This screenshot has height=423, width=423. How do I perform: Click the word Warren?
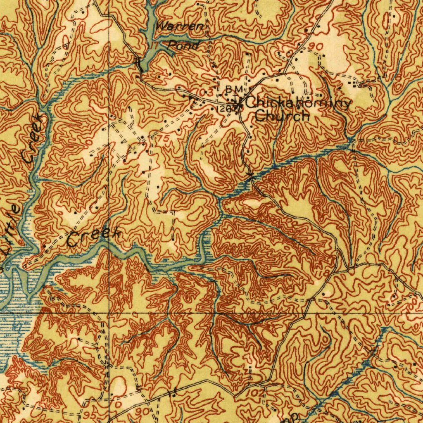click(x=180, y=28)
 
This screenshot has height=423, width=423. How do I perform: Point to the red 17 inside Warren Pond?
click(x=154, y=45)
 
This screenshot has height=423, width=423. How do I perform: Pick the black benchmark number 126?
click(x=222, y=109)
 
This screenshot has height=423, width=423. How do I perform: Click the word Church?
click(x=282, y=116)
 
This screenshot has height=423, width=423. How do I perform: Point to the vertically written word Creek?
click(x=33, y=139)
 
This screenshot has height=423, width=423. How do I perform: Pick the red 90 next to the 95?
click(x=141, y=412)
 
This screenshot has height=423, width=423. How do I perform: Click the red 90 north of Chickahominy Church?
click(x=317, y=47)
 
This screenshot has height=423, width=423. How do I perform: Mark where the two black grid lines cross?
click(x=109, y=313)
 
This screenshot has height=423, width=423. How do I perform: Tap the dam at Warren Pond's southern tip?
click(x=139, y=64)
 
